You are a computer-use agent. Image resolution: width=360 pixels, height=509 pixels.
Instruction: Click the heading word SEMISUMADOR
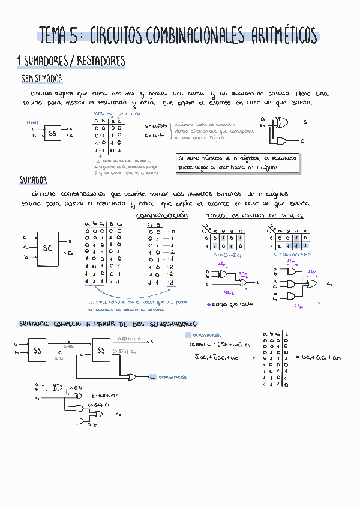pos(41,79)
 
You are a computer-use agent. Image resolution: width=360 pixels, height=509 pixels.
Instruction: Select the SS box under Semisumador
pos(52,133)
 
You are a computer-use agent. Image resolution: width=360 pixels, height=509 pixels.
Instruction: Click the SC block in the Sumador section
pos(47,247)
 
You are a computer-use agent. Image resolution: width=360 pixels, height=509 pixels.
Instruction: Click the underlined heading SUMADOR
pos(34,180)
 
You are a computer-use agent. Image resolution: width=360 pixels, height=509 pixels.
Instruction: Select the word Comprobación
pos(162,215)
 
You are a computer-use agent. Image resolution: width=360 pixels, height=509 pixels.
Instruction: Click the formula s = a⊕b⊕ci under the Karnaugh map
pos(227,256)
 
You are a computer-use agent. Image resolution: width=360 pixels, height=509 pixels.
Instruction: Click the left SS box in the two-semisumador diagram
pos(37,350)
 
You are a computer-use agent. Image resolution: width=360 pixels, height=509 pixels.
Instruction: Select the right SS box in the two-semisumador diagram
pos(101,350)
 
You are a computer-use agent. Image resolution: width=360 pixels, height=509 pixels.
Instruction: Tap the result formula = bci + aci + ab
pos(318,358)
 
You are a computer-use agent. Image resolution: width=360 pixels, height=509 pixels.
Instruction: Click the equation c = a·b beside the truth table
pos(155,136)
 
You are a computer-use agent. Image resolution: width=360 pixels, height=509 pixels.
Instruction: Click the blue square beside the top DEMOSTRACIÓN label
pos(188,335)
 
